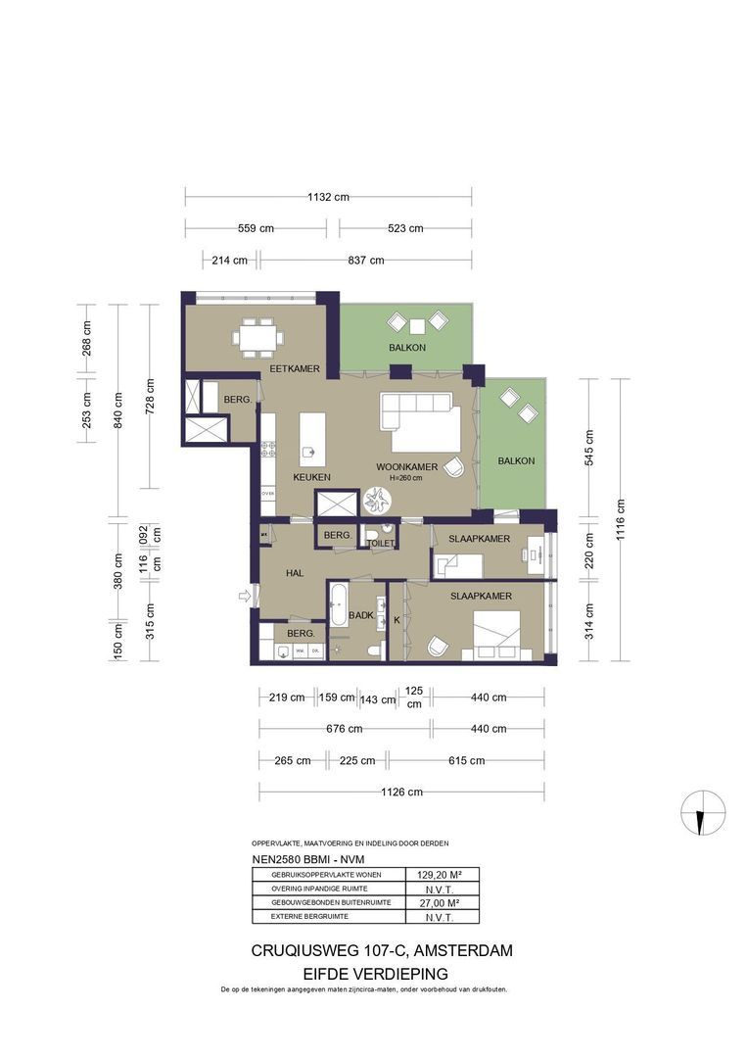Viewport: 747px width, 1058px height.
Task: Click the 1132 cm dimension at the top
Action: pyautogui.click(x=328, y=197)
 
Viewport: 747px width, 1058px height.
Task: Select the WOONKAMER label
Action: pyautogui.click(x=407, y=467)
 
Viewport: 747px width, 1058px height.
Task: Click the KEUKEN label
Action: pyautogui.click(x=311, y=477)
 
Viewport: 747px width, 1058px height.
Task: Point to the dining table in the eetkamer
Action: pyautogui.click(x=258, y=337)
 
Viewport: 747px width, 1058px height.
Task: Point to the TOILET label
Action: pyautogui.click(x=380, y=543)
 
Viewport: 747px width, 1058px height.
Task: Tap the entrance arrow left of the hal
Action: pyautogui.click(x=244, y=594)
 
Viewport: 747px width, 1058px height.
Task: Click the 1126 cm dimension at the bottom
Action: pyautogui.click(x=402, y=792)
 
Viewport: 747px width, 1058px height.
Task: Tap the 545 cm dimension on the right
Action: pyautogui.click(x=589, y=447)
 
